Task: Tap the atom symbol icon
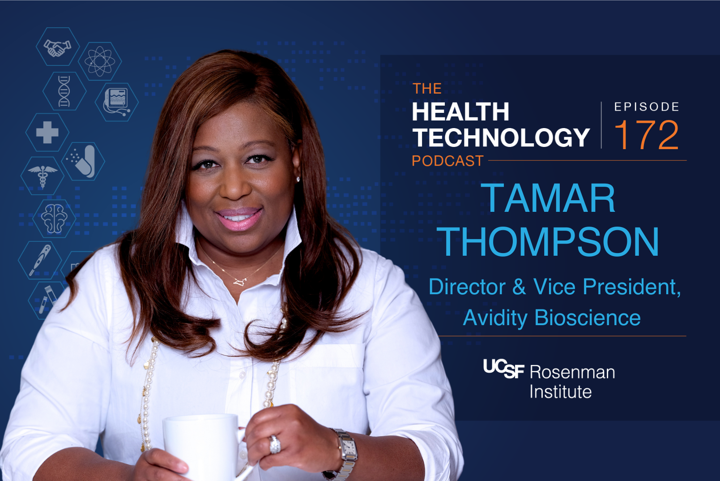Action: pyautogui.click(x=99, y=61)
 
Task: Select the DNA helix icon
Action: pyautogui.click(x=64, y=91)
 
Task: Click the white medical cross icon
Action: pyautogui.click(x=47, y=133)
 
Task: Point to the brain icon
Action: pyautogui.click(x=54, y=218)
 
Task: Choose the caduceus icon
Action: pyautogui.click(x=43, y=176)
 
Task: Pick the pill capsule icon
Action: pyautogui.click(x=84, y=161)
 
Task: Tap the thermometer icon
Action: pyautogui.click(x=40, y=260)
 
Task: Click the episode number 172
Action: pyautogui.click(x=646, y=135)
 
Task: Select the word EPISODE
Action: pyautogui.click(x=647, y=107)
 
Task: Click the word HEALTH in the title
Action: pyautogui.click(x=460, y=112)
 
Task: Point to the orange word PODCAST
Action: pyautogui.click(x=447, y=161)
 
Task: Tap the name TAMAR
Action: pyautogui.click(x=548, y=198)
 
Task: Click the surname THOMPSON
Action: pyautogui.click(x=548, y=242)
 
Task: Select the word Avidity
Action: pyautogui.click(x=495, y=318)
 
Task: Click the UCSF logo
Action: pyautogui.click(x=503, y=369)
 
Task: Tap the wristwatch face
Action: pyautogui.click(x=349, y=448)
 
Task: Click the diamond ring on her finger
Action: pyautogui.click(x=274, y=445)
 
